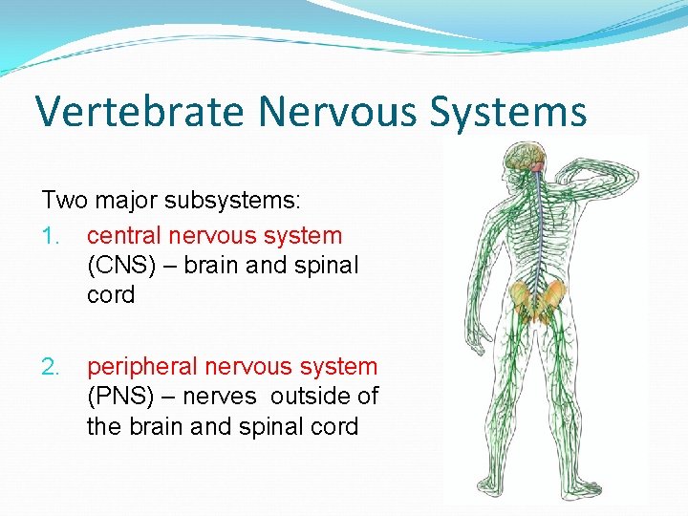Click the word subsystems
(x=232, y=201)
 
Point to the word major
(x=123, y=201)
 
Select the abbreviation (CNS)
(x=121, y=265)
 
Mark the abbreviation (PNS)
(x=121, y=396)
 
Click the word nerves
(x=221, y=396)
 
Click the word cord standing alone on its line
(x=111, y=294)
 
